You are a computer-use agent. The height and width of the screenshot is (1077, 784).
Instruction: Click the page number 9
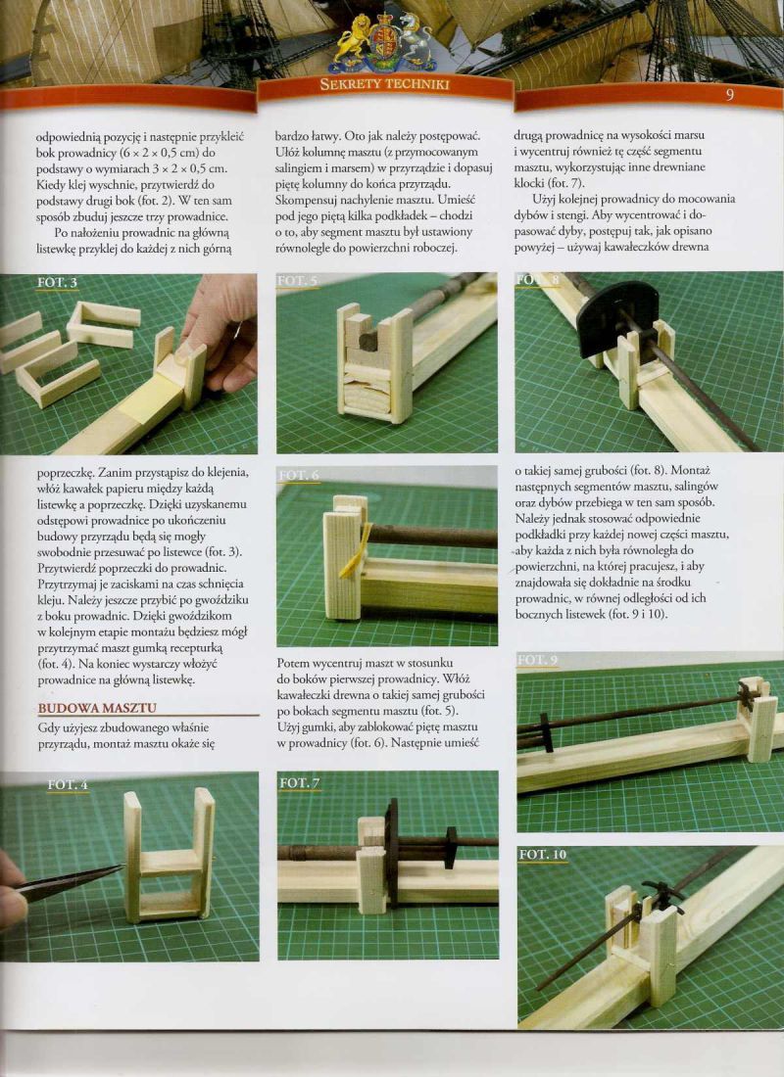coord(730,95)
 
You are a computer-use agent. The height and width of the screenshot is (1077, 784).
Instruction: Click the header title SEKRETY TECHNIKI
coord(384,84)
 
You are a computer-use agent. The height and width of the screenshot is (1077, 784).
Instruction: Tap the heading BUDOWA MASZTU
coord(97,708)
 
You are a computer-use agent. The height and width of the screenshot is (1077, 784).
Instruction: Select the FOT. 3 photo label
coord(57,282)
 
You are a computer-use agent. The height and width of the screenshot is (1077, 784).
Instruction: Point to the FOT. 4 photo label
coord(68,784)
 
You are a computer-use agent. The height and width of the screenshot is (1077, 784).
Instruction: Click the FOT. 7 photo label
coord(300,783)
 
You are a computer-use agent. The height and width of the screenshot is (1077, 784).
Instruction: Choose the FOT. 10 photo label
coord(543,855)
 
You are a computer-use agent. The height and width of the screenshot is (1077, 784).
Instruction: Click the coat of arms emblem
coord(384,43)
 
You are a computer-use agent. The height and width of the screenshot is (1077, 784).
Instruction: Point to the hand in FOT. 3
coord(220,331)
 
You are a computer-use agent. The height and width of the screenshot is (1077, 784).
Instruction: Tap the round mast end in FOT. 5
coord(369,340)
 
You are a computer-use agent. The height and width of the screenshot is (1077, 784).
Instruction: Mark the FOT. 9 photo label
coord(537,660)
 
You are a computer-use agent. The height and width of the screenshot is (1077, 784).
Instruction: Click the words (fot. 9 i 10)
coord(638,614)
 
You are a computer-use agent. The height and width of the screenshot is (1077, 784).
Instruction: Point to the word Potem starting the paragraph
coord(293,663)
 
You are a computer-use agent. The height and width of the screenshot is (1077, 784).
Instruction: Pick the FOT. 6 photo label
coord(299,475)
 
